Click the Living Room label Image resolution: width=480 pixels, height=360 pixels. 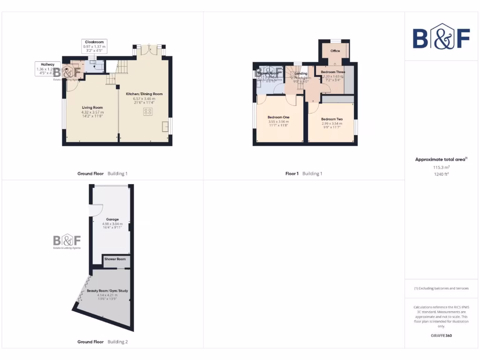pos(92,107)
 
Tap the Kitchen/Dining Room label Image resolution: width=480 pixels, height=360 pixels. pos(144,94)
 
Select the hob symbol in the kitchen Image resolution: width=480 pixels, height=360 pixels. pos(148,112)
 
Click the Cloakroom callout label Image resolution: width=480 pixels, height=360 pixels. pos(94,42)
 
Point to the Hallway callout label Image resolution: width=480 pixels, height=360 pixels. pos(47,65)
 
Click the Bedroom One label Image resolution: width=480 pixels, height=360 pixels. pos(278,117)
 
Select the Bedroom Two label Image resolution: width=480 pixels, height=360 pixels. pos(332,119)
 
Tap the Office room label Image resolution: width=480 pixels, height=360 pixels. pos(335,51)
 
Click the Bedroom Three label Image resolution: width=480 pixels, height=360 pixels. pos(333,72)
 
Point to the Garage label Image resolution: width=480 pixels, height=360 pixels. pos(112,219)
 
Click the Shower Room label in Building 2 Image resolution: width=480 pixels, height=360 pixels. pos(115,259)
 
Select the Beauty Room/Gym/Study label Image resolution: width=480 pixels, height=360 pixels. pos(107,291)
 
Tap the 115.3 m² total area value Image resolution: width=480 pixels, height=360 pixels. pos(441,167)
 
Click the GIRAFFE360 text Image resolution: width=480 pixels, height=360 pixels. pos(441,336)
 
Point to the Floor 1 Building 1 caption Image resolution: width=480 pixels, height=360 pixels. pos(304,173)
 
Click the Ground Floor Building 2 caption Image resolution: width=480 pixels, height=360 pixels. pos(102,342)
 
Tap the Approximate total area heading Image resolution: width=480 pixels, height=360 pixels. pos(441,159)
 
